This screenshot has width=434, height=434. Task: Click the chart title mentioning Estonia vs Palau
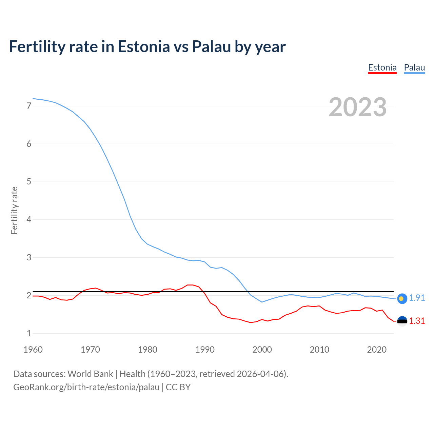[x=147, y=47]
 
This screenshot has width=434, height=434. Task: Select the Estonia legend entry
[x=382, y=67]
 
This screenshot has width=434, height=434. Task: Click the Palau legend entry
[x=414, y=67]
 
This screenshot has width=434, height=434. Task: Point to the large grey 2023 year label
[x=357, y=107]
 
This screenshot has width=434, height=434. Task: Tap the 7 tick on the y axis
[x=29, y=106]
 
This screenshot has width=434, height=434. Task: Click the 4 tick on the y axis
[x=29, y=220]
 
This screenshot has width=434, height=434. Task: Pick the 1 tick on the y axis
[x=29, y=333]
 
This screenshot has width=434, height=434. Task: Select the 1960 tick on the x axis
[x=33, y=350]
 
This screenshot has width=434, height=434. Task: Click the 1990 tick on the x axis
[x=205, y=350]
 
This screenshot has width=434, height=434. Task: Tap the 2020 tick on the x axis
[x=377, y=350]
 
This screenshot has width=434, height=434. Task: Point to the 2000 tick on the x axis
[x=262, y=350]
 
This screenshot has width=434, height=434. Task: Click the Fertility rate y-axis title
[x=14, y=210]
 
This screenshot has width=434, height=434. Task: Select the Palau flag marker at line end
[x=402, y=298]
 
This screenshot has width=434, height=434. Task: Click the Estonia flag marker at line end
[x=402, y=321]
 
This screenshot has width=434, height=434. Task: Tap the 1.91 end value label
[x=417, y=298]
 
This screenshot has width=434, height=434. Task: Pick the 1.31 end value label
[x=417, y=321]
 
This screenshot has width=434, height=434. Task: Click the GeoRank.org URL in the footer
[x=86, y=387]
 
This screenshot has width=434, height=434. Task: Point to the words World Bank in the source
[x=90, y=374]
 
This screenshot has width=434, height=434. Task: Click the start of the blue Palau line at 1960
[x=33, y=99]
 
